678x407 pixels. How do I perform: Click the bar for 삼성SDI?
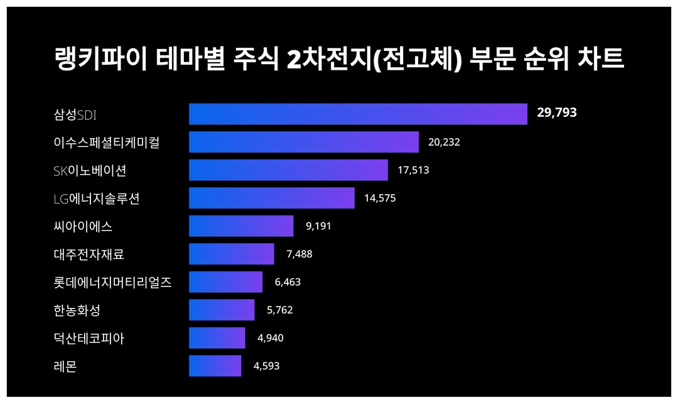click(358, 114)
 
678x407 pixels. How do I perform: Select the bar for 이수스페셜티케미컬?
click(304, 142)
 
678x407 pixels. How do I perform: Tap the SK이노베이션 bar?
click(288, 170)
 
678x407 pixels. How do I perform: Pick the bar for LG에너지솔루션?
click(272, 198)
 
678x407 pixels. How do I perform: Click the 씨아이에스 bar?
click(241, 226)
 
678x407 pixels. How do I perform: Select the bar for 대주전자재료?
click(232, 254)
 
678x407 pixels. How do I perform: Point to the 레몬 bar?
click(215, 366)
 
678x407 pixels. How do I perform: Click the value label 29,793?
click(557, 113)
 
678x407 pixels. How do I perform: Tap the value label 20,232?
click(444, 142)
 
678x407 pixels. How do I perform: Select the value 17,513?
click(413, 170)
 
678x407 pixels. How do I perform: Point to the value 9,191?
click(318, 226)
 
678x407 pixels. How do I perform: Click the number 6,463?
click(288, 282)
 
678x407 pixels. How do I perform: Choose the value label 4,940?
click(271, 338)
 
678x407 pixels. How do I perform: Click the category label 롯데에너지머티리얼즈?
click(113, 282)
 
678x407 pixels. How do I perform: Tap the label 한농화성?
click(77, 310)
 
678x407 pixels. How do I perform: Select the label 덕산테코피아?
click(89, 338)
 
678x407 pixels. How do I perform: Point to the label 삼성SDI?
click(75, 114)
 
